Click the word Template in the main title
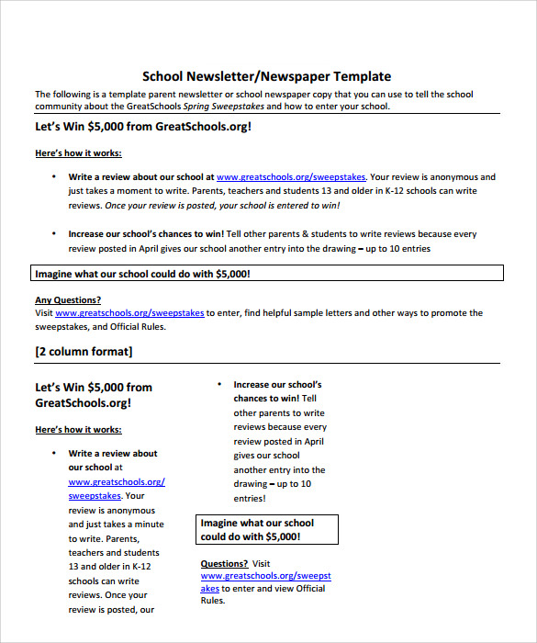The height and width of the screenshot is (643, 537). [x=362, y=76]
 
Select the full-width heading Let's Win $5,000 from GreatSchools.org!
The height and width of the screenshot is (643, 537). [x=142, y=127]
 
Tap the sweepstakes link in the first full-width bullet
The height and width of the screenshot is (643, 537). [x=290, y=177]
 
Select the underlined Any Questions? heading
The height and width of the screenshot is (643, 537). [x=68, y=299]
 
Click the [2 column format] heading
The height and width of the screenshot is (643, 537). [x=84, y=352]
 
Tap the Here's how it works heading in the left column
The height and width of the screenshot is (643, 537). [x=78, y=429]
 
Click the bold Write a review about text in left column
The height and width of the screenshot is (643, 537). [x=113, y=453]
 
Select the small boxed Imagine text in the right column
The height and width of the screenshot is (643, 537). [x=268, y=529]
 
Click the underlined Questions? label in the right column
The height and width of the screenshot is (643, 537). [x=224, y=563]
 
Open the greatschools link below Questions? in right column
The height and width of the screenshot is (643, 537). [x=266, y=576]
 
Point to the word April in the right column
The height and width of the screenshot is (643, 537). [x=312, y=441]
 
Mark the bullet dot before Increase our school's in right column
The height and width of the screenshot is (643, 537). [x=219, y=385]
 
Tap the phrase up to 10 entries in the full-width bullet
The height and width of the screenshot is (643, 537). [x=397, y=248]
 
